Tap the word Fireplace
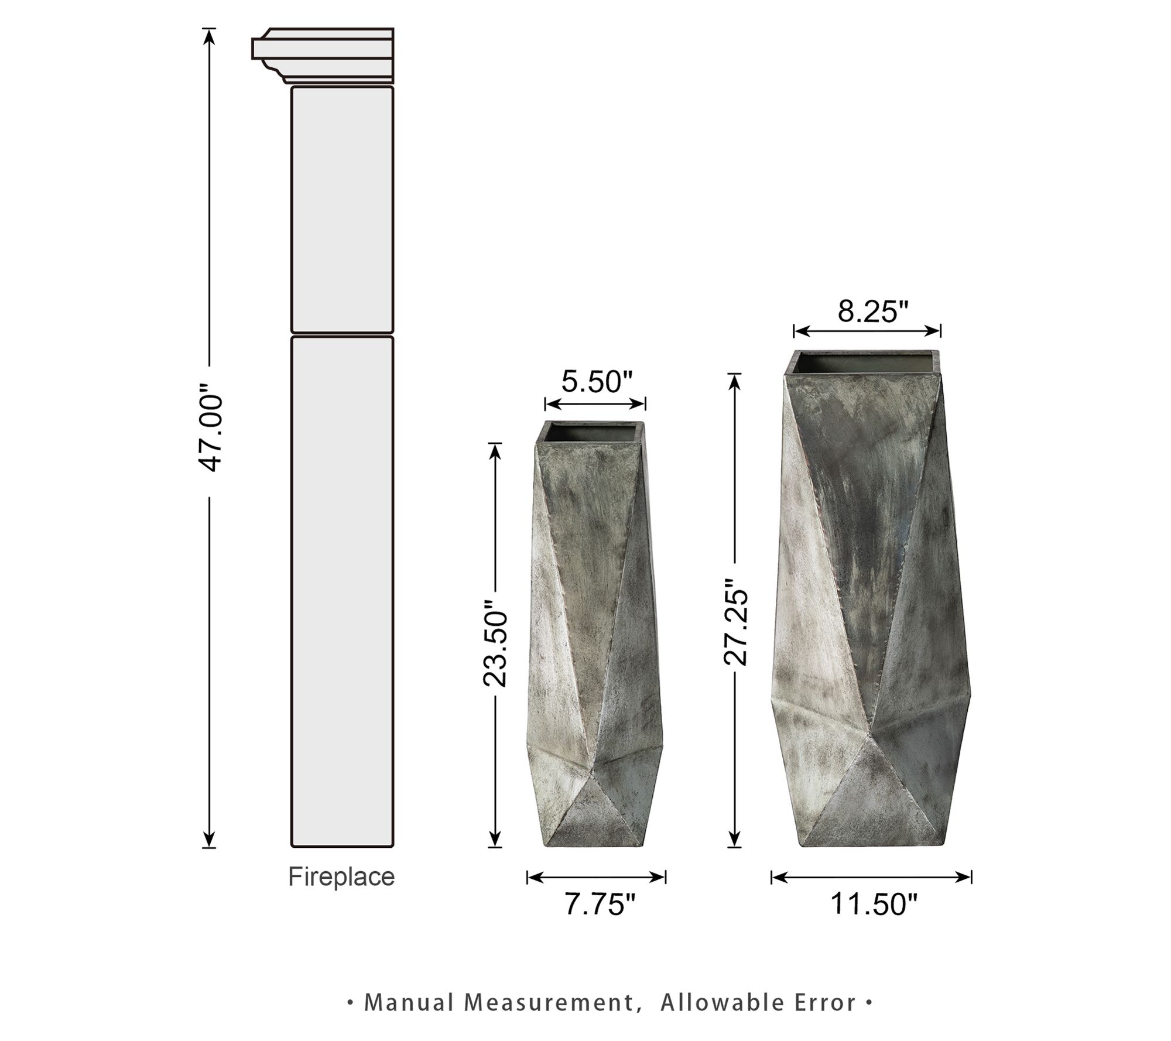[x=341, y=877]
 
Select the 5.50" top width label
[x=597, y=382]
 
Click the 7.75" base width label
[x=600, y=904]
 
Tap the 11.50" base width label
[x=874, y=903]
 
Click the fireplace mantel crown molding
[x=323, y=55]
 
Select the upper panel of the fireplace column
[x=342, y=210]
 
